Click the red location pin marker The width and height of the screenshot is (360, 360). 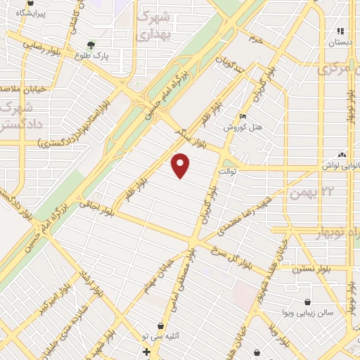click(181, 165)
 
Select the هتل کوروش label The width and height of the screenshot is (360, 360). click(243, 127)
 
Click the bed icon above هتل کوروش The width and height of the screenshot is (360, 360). click(243, 117)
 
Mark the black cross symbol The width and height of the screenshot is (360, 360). click(146, 351)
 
